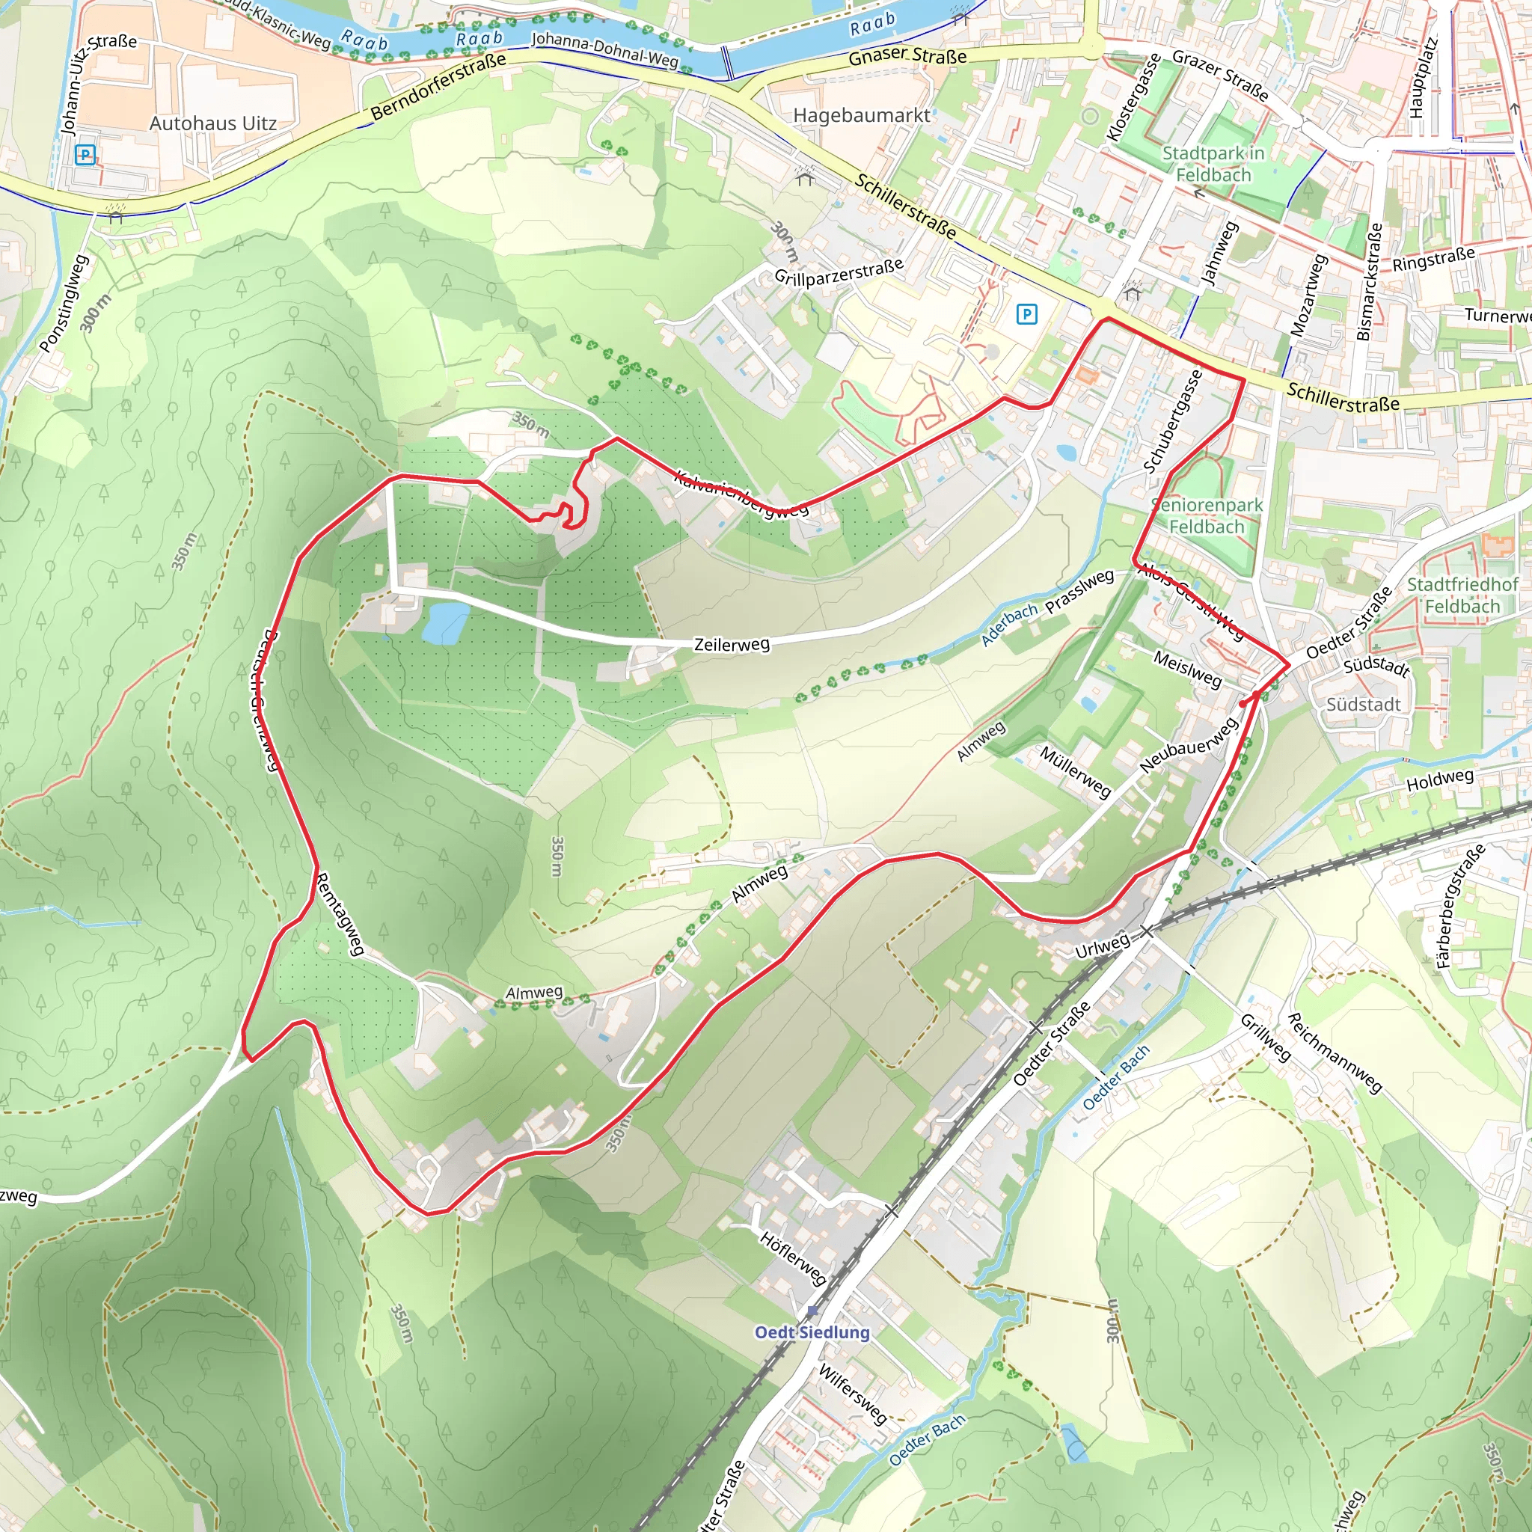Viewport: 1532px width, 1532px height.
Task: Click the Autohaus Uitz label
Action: point(212,123)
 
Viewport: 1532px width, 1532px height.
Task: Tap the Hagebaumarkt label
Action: point(861,116)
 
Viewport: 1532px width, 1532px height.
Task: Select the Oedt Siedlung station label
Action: point(811,1332)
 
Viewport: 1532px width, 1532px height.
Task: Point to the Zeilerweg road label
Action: point(731,645)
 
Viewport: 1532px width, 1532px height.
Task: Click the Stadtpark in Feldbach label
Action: point(1213,163)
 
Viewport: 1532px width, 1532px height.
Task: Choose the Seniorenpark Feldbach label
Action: point(1206,515)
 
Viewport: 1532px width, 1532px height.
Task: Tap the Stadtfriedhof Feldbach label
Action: point(1462,595)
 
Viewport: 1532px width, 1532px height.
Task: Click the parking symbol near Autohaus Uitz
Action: point(85,155)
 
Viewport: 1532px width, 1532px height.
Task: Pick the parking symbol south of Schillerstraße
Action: point(1026,315)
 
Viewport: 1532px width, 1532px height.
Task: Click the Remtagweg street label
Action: point(340,913)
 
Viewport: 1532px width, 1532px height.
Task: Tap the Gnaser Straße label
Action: point(907,55)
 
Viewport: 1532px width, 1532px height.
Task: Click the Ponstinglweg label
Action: point(64,303)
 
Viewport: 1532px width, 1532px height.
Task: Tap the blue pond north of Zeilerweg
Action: point(445,622)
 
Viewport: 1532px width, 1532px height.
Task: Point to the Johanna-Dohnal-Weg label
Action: point(604,50)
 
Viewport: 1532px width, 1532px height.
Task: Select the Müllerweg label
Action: point(1075,770)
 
